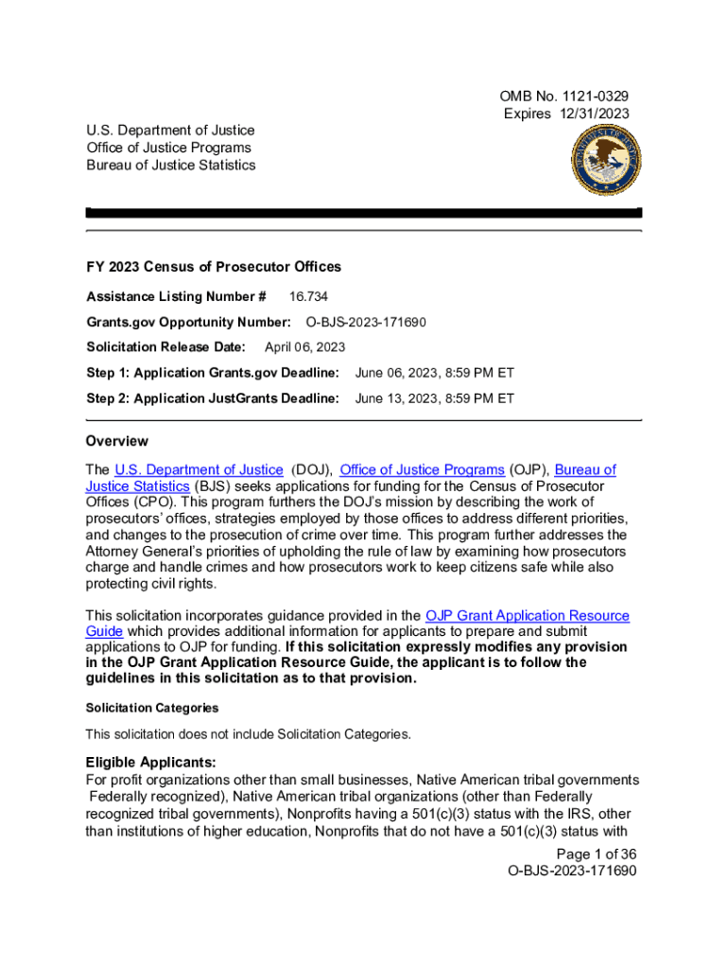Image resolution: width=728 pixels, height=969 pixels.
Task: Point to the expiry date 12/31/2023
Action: [592, 114]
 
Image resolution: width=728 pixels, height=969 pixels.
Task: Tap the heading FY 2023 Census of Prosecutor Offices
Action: [214, 267]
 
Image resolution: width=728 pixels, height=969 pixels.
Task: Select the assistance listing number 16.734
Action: [309, 296]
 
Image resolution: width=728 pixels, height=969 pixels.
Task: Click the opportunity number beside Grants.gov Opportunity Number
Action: [366, 322]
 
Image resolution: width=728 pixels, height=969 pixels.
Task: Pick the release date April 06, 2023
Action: [304, 347]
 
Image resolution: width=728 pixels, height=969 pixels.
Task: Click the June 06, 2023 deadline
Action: [434, 373]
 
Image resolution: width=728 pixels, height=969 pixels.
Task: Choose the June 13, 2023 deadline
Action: [434, 398]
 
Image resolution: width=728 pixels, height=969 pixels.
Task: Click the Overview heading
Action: [117, 441]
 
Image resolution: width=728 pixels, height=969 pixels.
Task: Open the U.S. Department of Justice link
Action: [199, 469]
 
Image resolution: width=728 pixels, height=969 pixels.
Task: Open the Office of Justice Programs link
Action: [422, 469]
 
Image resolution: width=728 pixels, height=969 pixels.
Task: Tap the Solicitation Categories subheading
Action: [152, 708]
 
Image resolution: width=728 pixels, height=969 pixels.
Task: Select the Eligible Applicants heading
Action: [151, 762]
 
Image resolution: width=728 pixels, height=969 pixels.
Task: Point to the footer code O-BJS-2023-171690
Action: [572, 871]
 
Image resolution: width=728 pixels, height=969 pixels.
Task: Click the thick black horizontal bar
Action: [364, 214]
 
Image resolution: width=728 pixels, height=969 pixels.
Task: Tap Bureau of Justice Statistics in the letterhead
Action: [171, 165]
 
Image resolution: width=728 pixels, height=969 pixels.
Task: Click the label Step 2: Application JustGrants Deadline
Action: [213, 398]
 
